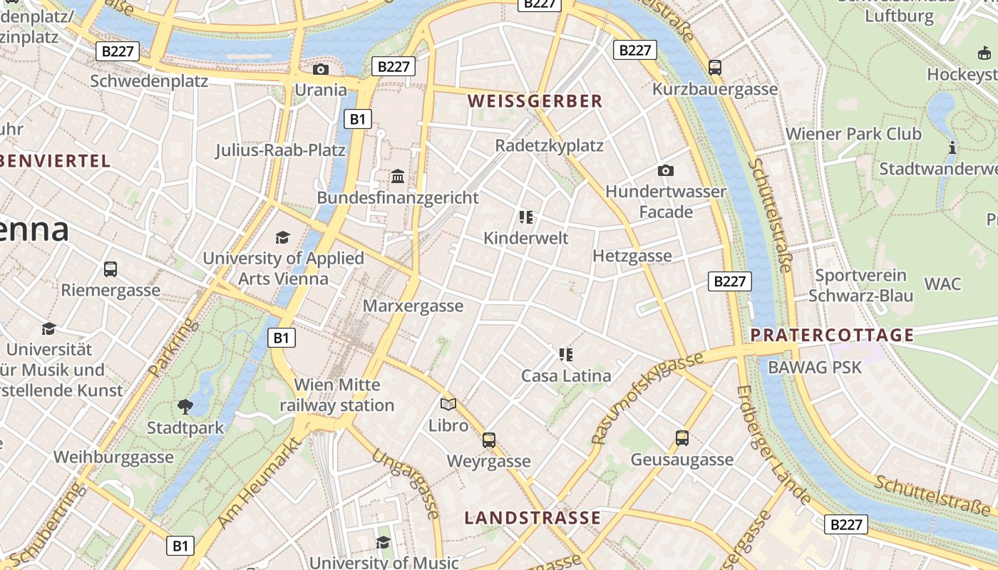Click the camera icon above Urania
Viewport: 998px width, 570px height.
321,69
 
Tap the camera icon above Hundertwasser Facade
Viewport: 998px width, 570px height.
665,170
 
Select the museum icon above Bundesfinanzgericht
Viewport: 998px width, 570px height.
398,176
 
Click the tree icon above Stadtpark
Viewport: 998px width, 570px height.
185,407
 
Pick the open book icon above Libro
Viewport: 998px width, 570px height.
448,405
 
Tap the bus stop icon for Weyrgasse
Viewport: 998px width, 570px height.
488,440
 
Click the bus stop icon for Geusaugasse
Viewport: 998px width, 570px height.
681,438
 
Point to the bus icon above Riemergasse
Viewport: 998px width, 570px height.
110,269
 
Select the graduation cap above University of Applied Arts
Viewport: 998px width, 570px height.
283,237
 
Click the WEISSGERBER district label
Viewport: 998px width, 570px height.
535,101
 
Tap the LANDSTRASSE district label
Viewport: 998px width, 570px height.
533,518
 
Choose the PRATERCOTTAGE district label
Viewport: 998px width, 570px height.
832,335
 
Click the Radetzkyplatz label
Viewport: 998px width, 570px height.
549,145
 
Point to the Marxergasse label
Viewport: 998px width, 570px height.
413,306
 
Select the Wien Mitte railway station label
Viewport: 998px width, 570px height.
336,395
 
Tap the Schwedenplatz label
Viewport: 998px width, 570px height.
149,81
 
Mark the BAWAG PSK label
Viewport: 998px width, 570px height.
815,368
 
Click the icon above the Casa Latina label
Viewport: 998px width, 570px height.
566,354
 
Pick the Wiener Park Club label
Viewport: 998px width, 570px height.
853,134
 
